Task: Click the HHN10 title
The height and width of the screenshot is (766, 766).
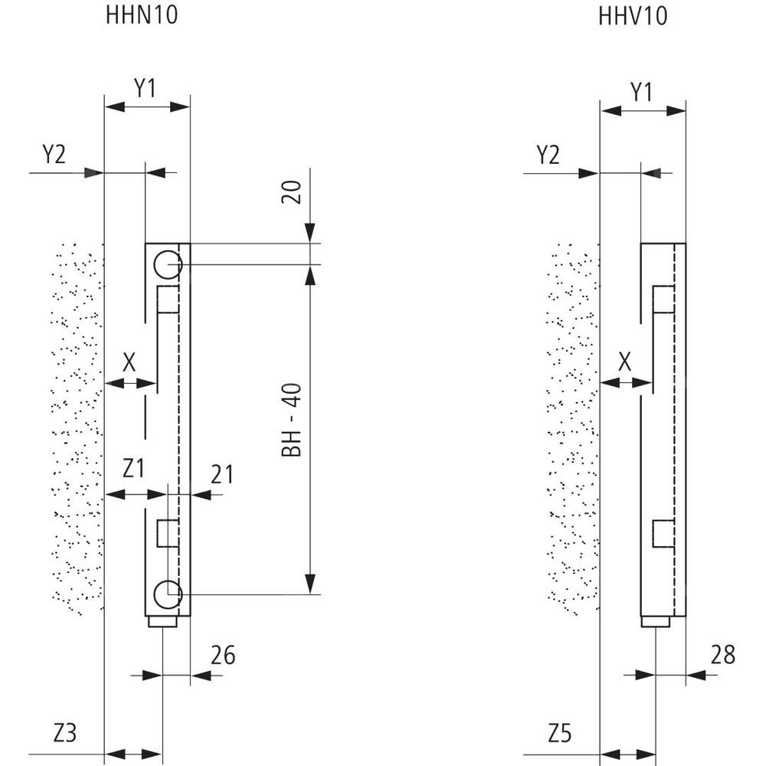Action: [x=141, y=16]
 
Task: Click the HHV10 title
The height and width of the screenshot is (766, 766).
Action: [x=632, y=16]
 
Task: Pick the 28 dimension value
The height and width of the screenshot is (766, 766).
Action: [x=722, y=655]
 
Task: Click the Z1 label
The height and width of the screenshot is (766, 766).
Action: [x=133, y=468]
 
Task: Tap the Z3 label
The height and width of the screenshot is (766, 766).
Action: [x=66, y=733]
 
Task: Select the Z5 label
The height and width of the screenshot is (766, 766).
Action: [x=560, y=733]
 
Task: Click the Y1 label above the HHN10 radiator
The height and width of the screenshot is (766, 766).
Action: [x=146, y=89]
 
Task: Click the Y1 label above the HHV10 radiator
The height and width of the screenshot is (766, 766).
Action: [x=642, y=92]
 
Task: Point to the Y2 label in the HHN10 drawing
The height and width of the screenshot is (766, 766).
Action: [x=54, y=155]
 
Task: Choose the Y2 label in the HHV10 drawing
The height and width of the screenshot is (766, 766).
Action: [x=548, y=155]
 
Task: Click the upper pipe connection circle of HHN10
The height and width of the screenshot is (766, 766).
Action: [x=167, y=266]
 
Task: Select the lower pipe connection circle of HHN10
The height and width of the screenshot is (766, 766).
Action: [x=167, y=592]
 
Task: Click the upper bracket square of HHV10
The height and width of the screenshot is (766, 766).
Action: [x=663, y=300]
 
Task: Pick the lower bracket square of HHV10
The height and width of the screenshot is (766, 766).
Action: [x=663, y=532]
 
